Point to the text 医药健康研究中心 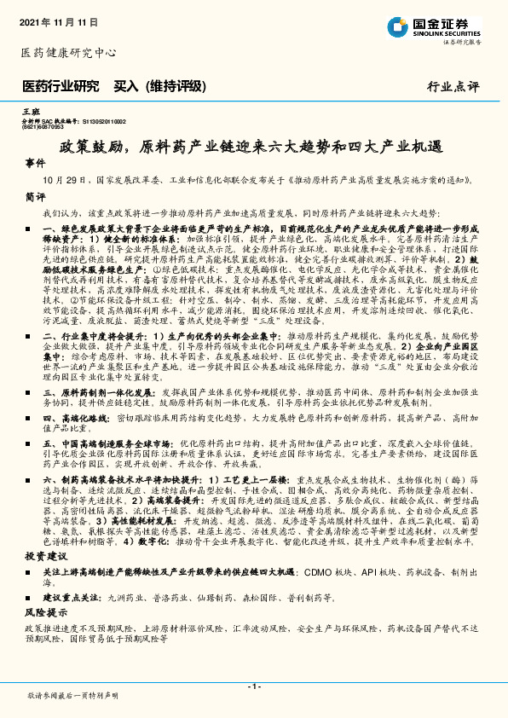(x=68, y=53)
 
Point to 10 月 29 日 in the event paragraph (x=72, y=181)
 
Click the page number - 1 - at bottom (x=253, y=686)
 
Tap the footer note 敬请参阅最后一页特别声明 (x=73, y=696)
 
